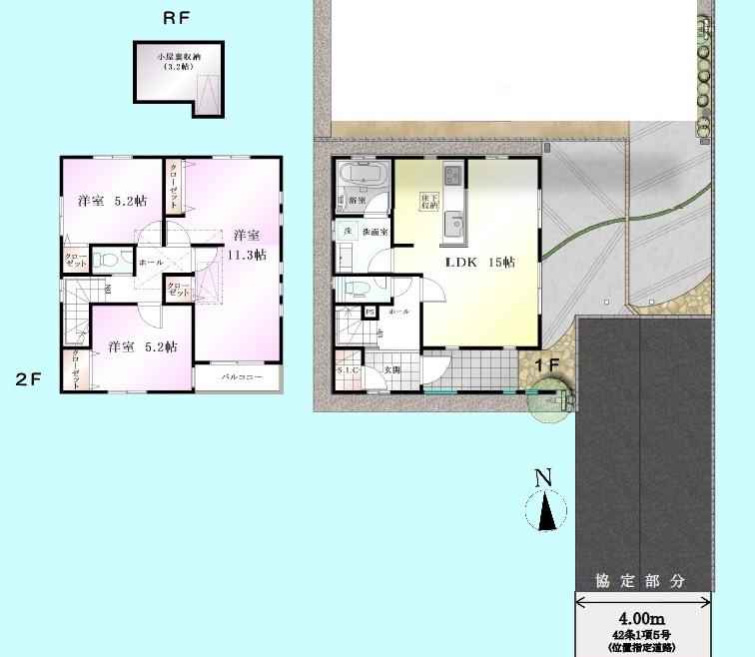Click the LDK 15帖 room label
479,263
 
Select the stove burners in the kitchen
453,175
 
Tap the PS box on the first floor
370,312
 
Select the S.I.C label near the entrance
349,370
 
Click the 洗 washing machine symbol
349,232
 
